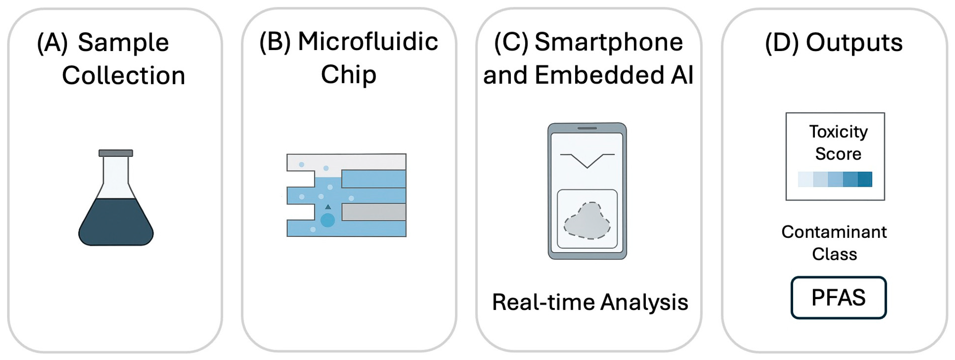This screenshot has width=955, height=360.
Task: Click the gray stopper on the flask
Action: click(x=116, y=153)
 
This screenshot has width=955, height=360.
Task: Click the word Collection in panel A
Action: click(x=123, y=76)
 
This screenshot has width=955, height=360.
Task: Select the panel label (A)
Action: click(x=52, y=43)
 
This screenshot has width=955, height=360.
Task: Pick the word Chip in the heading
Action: click(x=349, y=75)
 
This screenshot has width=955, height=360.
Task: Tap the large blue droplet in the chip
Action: click(x=328, y=220)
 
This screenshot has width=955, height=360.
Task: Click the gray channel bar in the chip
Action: click(x=373, y=212)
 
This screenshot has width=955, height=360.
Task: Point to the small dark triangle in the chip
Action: click(x=328, y=207)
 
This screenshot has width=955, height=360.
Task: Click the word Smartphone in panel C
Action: click(x=608, y=42)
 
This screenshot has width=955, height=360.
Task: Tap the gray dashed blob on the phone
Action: click(x=587, y=221)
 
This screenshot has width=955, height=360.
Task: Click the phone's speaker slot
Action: click(x=587, y=128)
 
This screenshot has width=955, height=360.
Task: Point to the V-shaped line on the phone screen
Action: click(x=587, y=161)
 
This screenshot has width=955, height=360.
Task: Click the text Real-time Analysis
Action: click(x=590, y=302)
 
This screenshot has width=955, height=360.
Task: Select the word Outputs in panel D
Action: click(x=854, y=43)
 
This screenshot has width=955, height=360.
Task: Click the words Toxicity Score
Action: click(x=838, y=143)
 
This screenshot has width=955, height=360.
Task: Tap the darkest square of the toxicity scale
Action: click(x=865, y=179)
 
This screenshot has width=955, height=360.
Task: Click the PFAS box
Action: click(x=838, y=297)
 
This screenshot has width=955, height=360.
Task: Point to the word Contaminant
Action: click(x=834, y=232)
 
